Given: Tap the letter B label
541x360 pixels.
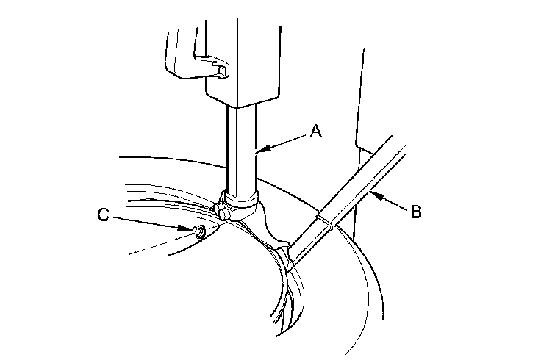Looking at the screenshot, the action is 415,213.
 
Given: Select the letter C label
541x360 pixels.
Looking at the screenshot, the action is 104,215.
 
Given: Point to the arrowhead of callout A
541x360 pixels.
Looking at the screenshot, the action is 259,151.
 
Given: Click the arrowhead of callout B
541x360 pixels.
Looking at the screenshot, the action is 372,194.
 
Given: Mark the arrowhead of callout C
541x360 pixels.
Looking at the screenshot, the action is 190,230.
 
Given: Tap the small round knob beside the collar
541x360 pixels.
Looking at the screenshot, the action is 222,214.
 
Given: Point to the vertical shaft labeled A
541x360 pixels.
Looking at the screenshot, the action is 241,147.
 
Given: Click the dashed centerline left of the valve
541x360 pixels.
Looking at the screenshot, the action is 151,248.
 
